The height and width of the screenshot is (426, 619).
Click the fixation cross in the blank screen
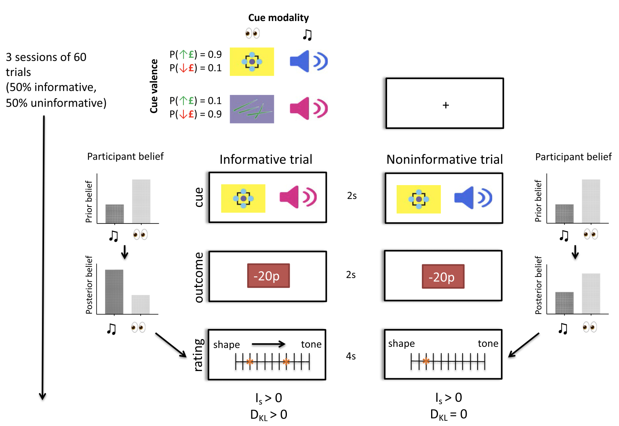point(446,105)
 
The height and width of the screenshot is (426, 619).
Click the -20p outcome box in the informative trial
point(268,276)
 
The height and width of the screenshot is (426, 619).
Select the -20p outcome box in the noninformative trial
point(443,276)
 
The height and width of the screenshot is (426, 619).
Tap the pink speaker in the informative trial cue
point(298,197)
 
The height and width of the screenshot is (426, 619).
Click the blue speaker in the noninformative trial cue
point(473,198)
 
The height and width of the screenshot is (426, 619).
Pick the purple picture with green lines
point(252,109)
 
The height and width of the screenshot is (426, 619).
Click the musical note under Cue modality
point(307,35)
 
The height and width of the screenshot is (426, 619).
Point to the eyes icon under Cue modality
point(253,33)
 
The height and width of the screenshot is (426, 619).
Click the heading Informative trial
point(266,159)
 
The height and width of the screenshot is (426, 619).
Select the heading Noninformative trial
point(444,159)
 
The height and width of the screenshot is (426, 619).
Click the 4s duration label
point(351,356)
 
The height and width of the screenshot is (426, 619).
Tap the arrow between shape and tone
point(269,344)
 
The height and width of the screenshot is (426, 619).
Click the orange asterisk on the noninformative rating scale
point(426,361)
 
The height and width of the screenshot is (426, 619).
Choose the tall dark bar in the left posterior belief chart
point(114,291)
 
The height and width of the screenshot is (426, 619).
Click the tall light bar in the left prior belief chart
point(141,201)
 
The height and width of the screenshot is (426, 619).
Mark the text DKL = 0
point(448,415)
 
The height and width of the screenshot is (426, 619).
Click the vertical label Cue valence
point(154,86)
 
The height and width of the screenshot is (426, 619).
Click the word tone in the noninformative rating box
point(488,344)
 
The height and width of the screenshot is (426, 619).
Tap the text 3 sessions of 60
point(46,57)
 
